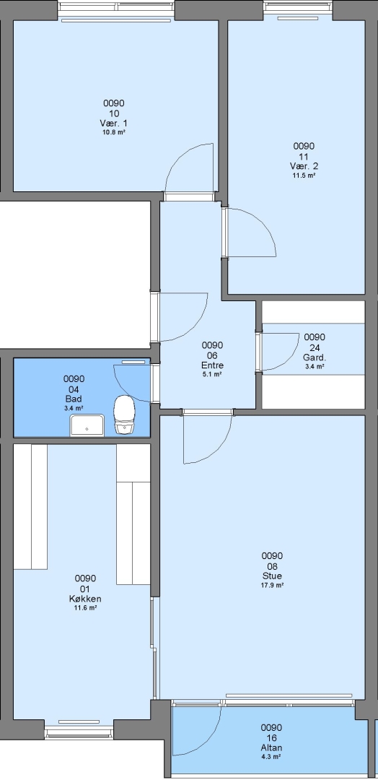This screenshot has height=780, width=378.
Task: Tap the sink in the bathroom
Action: [x=87, y=425]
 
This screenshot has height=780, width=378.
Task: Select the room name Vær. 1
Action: [x=114, y=123]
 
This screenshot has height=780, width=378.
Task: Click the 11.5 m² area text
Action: [x=304, y=175]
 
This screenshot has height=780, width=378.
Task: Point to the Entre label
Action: [x=212, y=365]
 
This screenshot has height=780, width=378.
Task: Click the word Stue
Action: [x=272, y=576]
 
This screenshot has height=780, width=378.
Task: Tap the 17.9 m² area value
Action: [x=272, y=586]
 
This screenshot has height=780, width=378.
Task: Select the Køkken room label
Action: [x=85, y=599]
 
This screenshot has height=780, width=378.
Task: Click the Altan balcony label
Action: [x=272, y=747]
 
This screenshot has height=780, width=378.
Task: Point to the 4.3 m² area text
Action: [x=272, y=757]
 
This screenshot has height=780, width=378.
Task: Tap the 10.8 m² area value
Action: [x=114, y=132]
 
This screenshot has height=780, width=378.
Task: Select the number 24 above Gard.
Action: [x=315, y=347]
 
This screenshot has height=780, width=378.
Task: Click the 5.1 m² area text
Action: [x=212, y=374]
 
